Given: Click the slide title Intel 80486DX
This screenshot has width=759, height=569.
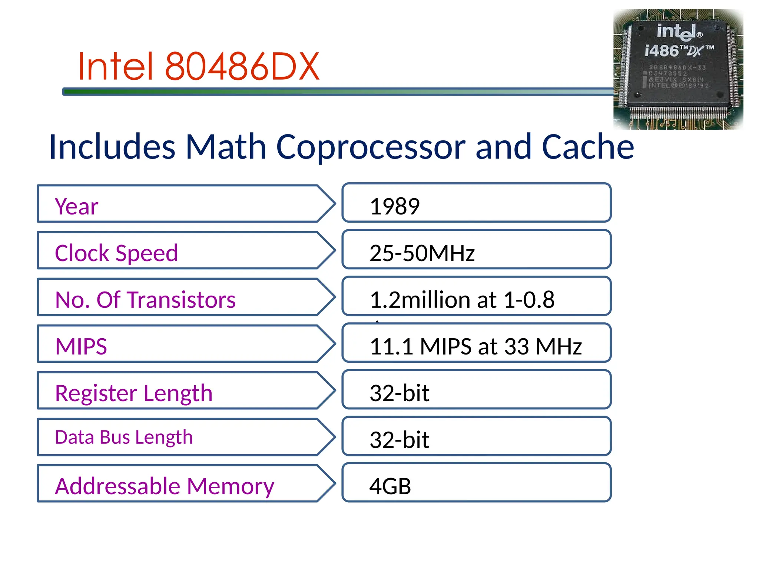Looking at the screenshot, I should pyautogui.click(x=199, y=67).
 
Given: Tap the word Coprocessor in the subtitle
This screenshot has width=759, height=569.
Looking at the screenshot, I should pyautogui.click(x=371, y=147).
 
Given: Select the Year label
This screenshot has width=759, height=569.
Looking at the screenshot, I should pyautogui.click(x=77, y=206).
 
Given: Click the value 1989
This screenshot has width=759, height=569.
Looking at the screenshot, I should pyautogui.click(x=395, y=206).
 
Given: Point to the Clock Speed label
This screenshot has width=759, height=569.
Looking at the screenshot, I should pyautogui.click(x=116, y=253).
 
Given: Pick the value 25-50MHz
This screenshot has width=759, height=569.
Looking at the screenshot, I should pyautogui.click(x=422, y=253).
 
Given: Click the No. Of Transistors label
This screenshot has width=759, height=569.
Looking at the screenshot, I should pyautogui.click(x=145, y=300).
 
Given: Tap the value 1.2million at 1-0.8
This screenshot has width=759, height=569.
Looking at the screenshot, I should pyautogui.click(x=462, y=300).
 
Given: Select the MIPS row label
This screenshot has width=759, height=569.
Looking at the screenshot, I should pyautogui.click(x=81, y=346).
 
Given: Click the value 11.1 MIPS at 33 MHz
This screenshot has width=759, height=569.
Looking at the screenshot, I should pyautogui.click(x=475, y=346).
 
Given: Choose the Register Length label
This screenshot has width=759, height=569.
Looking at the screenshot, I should pyautogui.click(x=134, y=393).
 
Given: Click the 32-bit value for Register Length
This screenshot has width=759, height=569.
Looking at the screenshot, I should pyautogui.click(x=400, y=393).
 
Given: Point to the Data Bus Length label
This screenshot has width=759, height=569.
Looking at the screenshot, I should pyautogui.click(x=124, y=437).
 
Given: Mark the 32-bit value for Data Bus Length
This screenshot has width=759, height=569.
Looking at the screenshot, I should pyautogui.click(x=400, y=440).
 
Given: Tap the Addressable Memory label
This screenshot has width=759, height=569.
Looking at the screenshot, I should pyautogui.click(x=165, y=486).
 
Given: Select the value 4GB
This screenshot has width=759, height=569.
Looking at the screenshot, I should pyautogui.click(x=390, y=486).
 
